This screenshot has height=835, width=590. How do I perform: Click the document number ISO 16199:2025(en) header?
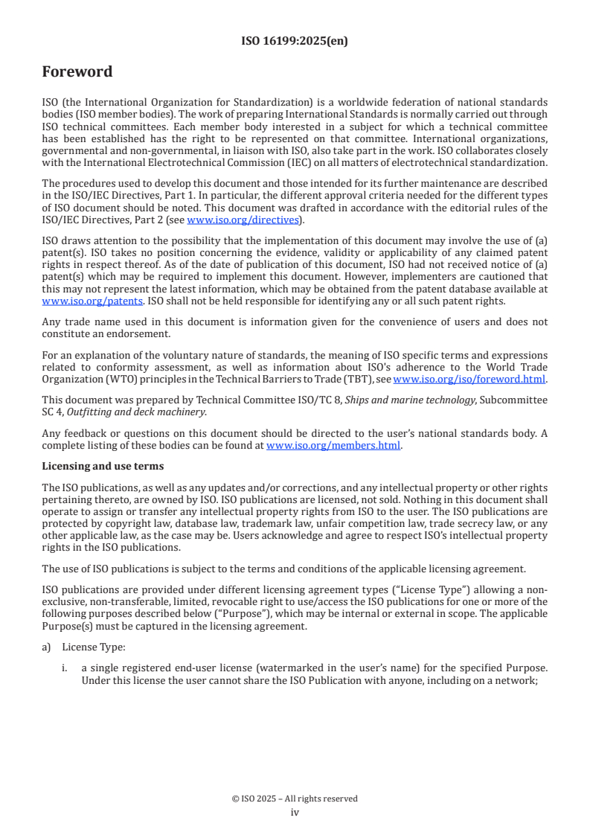pos(295,42)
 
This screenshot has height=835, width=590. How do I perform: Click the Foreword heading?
pos(77,72)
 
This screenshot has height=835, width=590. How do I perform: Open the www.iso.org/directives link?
pos(243,220)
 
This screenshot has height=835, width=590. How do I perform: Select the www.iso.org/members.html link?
pos(333,446)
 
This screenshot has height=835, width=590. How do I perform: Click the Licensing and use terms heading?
pos(103,467)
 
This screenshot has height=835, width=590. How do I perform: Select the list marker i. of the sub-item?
pos(65,668)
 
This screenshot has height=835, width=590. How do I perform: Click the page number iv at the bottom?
pos(295,813)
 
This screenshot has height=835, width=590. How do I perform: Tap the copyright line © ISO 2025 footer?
pos(295,799)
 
